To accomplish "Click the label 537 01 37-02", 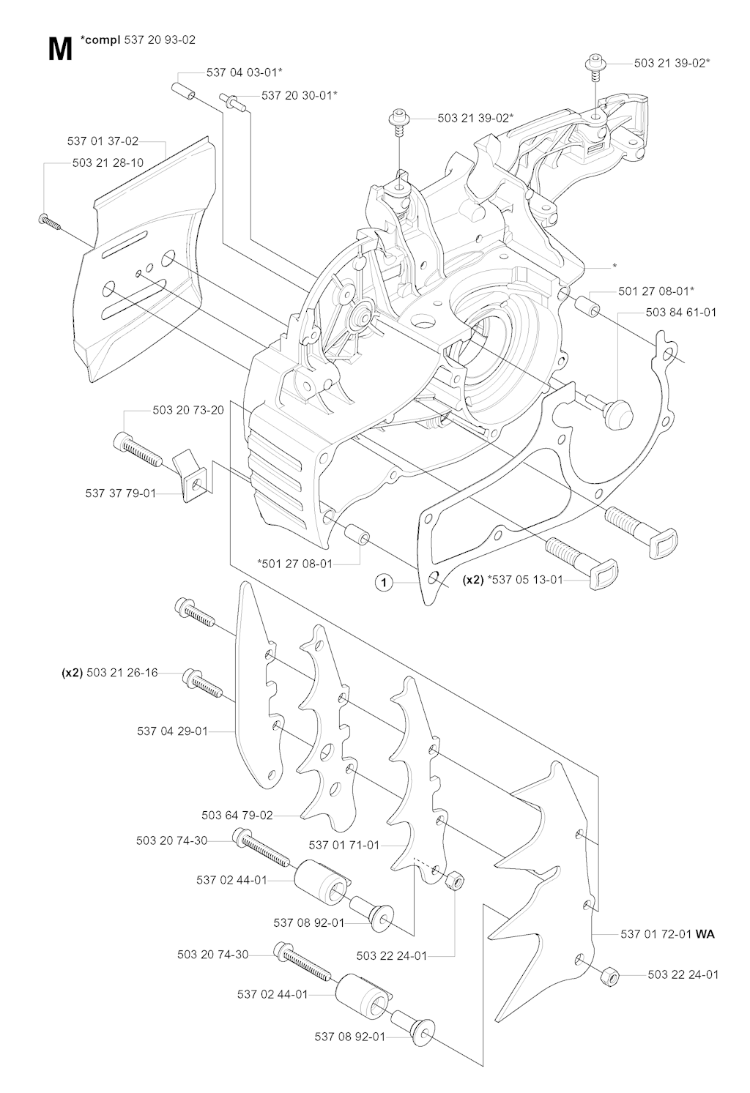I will (103, 141).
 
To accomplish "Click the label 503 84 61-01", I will (681, 313).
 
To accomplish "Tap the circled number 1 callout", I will (383, 583).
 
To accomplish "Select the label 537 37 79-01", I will (121, 493).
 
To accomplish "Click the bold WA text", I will (705, 934).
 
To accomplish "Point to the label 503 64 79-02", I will (237, 815).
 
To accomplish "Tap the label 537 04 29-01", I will (172, 731).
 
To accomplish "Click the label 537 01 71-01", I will (344, 845).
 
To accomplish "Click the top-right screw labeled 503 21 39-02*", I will (594, 64).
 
